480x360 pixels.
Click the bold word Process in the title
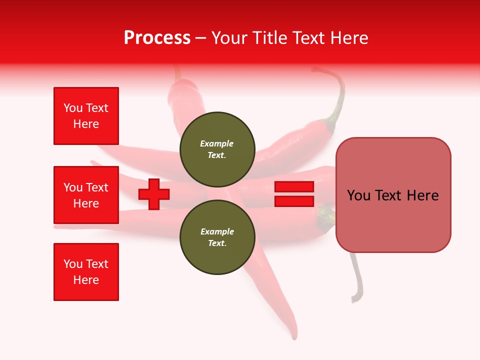(157, 38)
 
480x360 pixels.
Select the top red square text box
(86, 116)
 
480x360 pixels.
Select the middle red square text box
(86, 195)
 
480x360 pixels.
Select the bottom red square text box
(86, 272)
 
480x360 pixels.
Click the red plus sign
(154, 194)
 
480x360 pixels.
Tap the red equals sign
(294, 194)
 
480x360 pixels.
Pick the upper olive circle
(217, 149)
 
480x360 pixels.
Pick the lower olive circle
(217, 237)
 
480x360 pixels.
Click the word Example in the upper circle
(216, 143)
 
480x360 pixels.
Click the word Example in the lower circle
(217, 231)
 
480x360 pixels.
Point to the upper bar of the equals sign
(294, 187)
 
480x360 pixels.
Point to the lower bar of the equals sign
(294, 201)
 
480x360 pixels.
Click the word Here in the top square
(86, 124)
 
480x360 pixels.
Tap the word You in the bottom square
(73, 264)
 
